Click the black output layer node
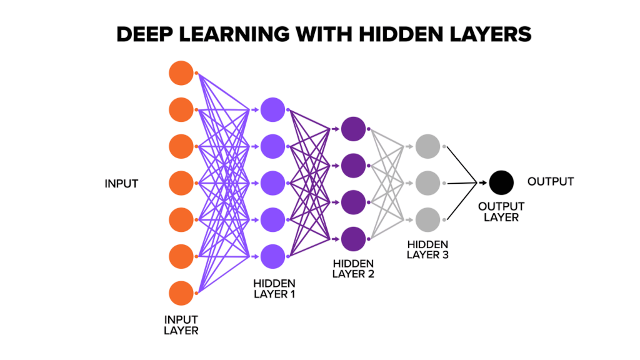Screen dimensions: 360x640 click(501, 182)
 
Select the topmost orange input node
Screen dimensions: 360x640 click(181, 73)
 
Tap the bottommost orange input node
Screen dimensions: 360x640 click(181, 293)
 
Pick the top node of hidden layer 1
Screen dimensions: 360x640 click(273, 109)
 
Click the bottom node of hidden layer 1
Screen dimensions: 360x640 click(273, 256)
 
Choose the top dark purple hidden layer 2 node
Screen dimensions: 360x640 click(353, 128)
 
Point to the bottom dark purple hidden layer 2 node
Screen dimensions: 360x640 click(353, 238)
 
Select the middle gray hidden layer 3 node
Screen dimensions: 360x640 click(427, 183)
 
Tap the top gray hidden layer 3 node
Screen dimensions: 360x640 click(427, 146)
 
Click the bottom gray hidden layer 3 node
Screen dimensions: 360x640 click(427, 219)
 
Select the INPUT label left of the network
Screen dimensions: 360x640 click(121, 184)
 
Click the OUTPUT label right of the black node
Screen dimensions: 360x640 click(551, 182)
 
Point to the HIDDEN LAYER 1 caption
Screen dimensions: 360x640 click(274, 289)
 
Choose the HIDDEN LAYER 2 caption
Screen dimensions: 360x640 click(354, 269)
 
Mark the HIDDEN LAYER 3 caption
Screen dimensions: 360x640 click(427, 249)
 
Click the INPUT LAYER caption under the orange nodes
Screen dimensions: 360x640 click(181, 325)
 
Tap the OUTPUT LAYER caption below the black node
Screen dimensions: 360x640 click(501, 212)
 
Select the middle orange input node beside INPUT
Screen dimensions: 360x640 click(181, 183)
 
